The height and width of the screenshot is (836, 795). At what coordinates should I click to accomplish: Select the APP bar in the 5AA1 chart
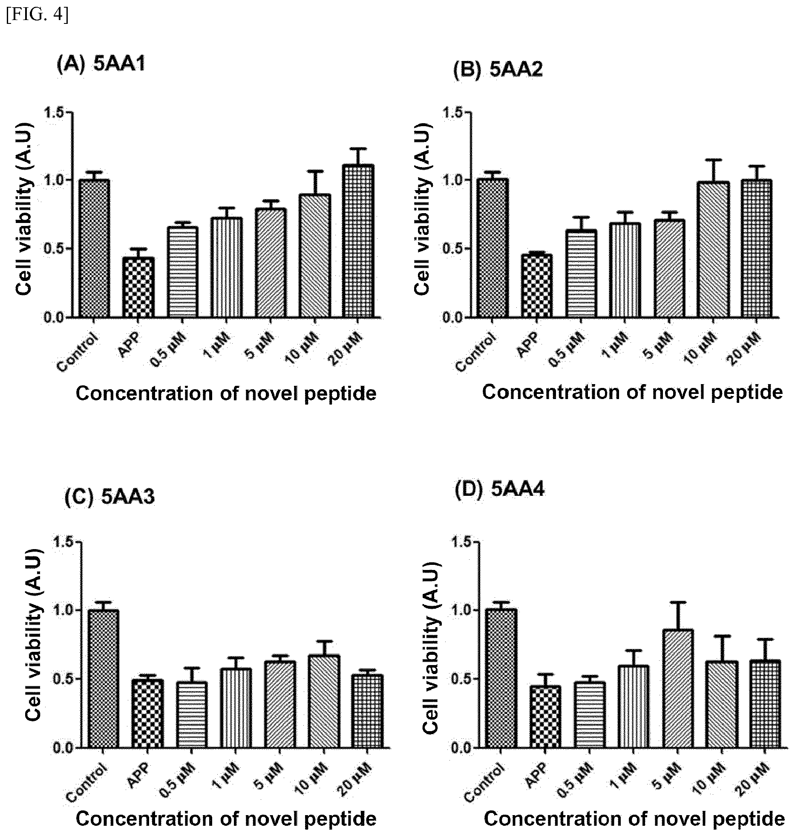(139, 287)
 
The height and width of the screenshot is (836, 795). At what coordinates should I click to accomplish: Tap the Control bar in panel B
(493, 248)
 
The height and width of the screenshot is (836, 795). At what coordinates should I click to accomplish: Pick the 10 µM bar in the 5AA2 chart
(713, 249)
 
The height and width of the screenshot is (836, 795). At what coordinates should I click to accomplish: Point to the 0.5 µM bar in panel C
(192, 715)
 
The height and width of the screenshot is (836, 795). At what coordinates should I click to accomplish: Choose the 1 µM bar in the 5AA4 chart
(634, 707)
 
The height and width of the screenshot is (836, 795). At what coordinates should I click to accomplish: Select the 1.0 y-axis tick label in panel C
(64, 610)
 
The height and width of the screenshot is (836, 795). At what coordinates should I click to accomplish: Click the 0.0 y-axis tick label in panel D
(462, 748)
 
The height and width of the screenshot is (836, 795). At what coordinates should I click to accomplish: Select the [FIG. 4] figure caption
(37, 15)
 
